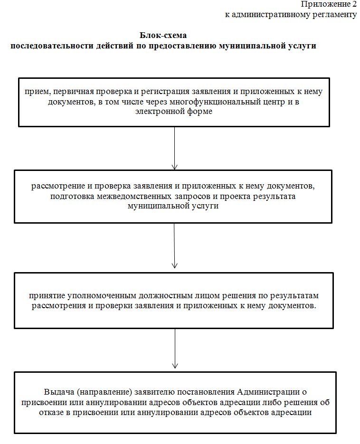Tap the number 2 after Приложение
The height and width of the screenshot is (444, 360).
(354, 4)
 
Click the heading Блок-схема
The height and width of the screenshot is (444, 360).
(163, 36)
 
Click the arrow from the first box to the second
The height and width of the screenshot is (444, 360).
(174, 147)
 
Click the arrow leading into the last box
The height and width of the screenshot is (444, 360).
(174, 349)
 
